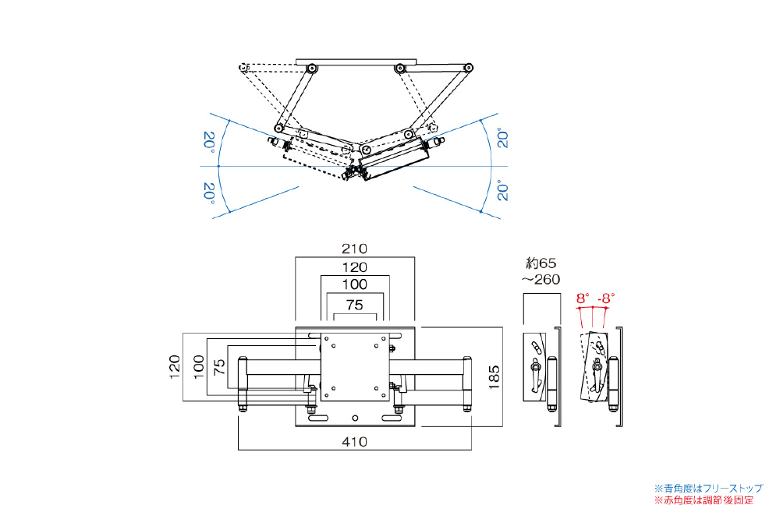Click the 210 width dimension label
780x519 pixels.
(x=355, y=249)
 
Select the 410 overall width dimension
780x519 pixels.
(x=355, y=442)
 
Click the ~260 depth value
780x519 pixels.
(x=541, y=279)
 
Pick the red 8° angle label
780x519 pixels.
(x=583, y=298)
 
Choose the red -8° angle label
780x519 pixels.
(x=606, y=298)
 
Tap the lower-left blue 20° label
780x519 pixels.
(x=208, y=192)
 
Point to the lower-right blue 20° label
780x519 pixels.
(x=503, y=192)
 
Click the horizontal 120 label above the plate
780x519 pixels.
(x=355, y=267)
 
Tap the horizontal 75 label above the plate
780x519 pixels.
(x=355, y=306)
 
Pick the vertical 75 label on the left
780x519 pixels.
(x=221, y=367)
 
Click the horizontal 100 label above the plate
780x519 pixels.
(x=355, y=285)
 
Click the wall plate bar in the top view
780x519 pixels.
(x=356, y=61)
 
